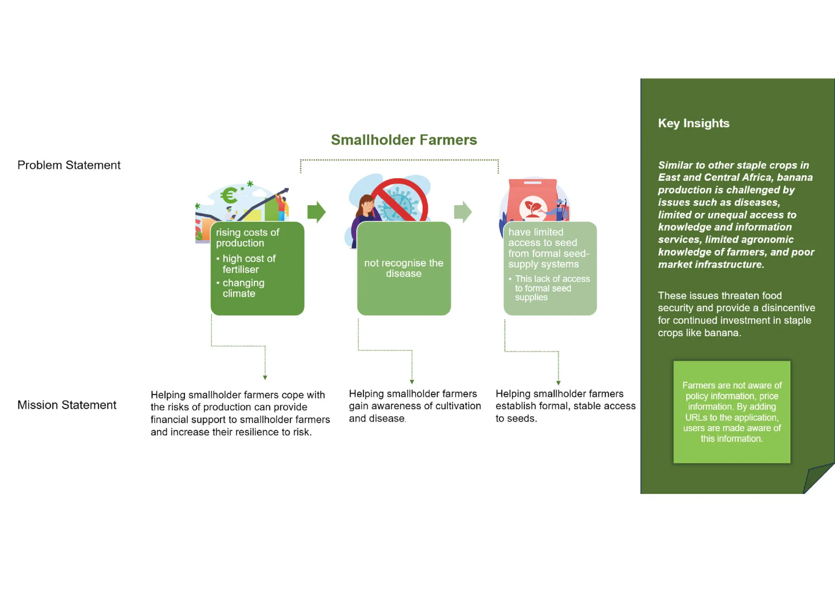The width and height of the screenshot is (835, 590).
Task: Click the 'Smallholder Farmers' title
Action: coord(404,140)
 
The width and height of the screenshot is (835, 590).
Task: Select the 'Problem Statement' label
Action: coord(69,165)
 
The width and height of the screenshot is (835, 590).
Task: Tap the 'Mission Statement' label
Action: coord(67,405)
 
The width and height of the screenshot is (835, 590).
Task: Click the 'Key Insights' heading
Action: coord(693,123)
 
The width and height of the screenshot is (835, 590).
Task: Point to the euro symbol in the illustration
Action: coord(229,195)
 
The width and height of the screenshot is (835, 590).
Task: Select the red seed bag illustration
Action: coord(533,200)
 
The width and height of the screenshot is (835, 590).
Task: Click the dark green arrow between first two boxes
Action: coord(316,212)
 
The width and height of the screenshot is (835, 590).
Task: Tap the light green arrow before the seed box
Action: coord(462,212)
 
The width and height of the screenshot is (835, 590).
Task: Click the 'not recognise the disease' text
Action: coord(404,268)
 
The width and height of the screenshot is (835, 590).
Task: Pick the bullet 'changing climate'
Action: coord(243,288)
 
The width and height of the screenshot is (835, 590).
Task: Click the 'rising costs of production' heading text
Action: coord(247,238)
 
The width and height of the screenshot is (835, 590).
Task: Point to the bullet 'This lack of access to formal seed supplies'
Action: coord(551,288)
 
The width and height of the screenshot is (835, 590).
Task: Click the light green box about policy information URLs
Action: coord(731,412)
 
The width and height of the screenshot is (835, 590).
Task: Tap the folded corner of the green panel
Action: coord(818,478)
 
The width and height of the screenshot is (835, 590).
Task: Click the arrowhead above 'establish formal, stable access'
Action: coord(558,383)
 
